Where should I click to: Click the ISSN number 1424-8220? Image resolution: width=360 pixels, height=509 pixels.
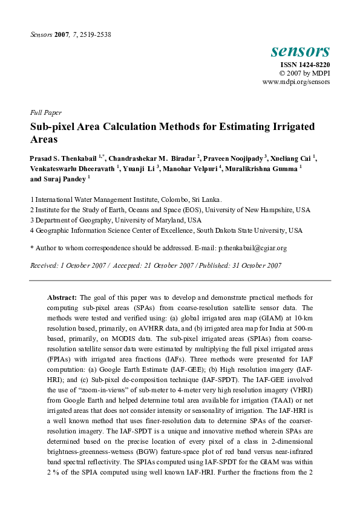(x=305, y=65)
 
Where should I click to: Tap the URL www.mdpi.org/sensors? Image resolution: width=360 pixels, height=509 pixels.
(x=296, y=82)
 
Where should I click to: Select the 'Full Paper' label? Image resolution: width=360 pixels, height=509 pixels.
(x=45, y=112)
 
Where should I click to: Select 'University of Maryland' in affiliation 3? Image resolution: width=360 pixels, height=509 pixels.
(x=142, y=220)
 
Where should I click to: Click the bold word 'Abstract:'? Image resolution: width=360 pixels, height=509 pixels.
(x=62, y=297)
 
